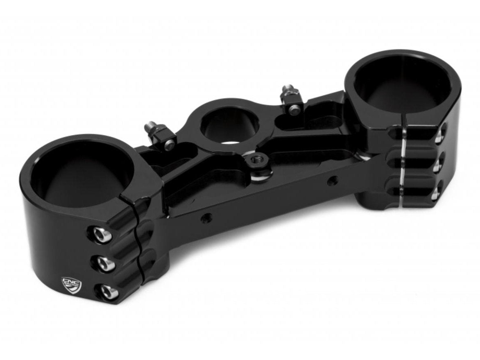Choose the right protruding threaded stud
pos(285,91)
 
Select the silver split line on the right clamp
pos(403,164)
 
